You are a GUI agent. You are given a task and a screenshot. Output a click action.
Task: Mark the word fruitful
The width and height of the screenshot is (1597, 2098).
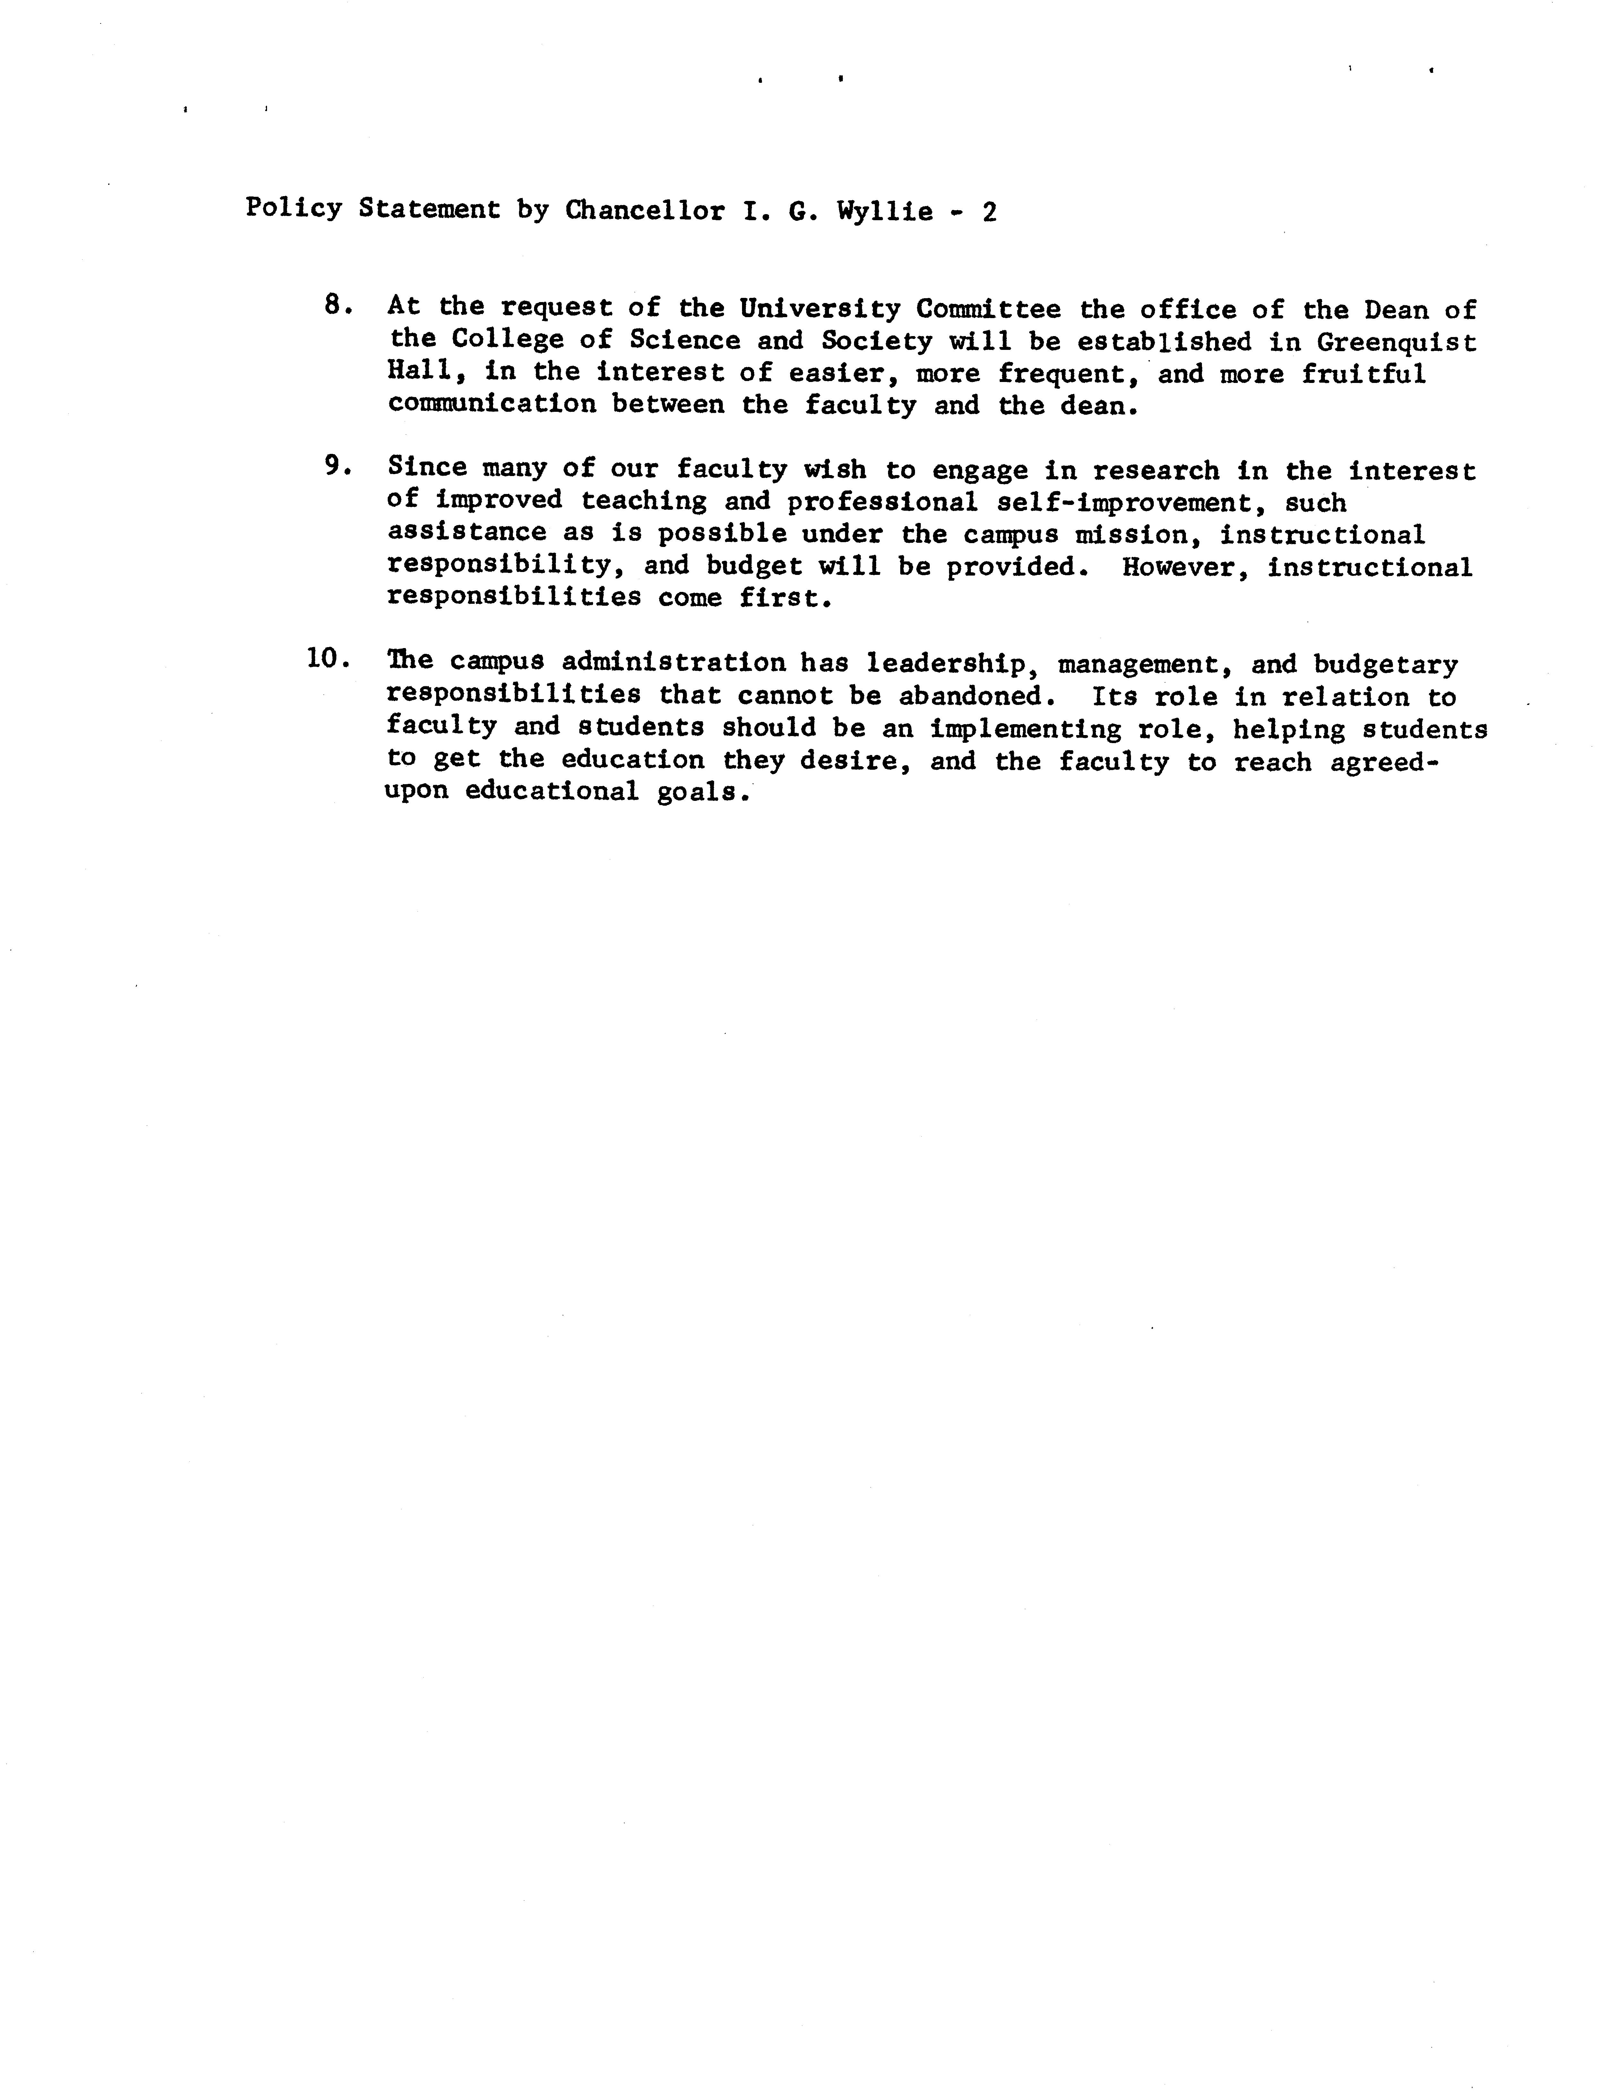(x=1364, y=374)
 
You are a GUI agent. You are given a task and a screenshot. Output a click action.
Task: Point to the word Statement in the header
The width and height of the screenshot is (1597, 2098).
(x=429, y=209)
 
